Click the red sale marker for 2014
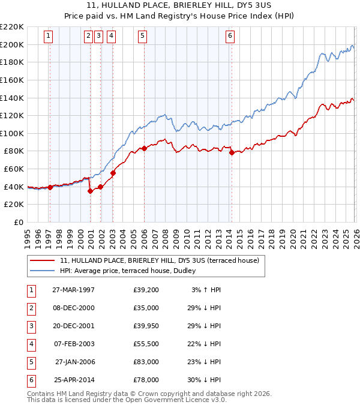[x=232, y=153]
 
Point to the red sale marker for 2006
[x=144, y=148]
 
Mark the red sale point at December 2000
[x=90, y=191]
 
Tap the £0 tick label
[x=19, y=222]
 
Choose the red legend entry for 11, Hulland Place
[x=159, y=260]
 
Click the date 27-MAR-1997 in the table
[x=73, y=290]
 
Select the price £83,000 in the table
[x=146, y=362]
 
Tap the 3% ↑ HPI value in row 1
[x=206, y=290]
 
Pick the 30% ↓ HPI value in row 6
[x=206, y=380]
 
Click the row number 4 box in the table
[x=30, y=344]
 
